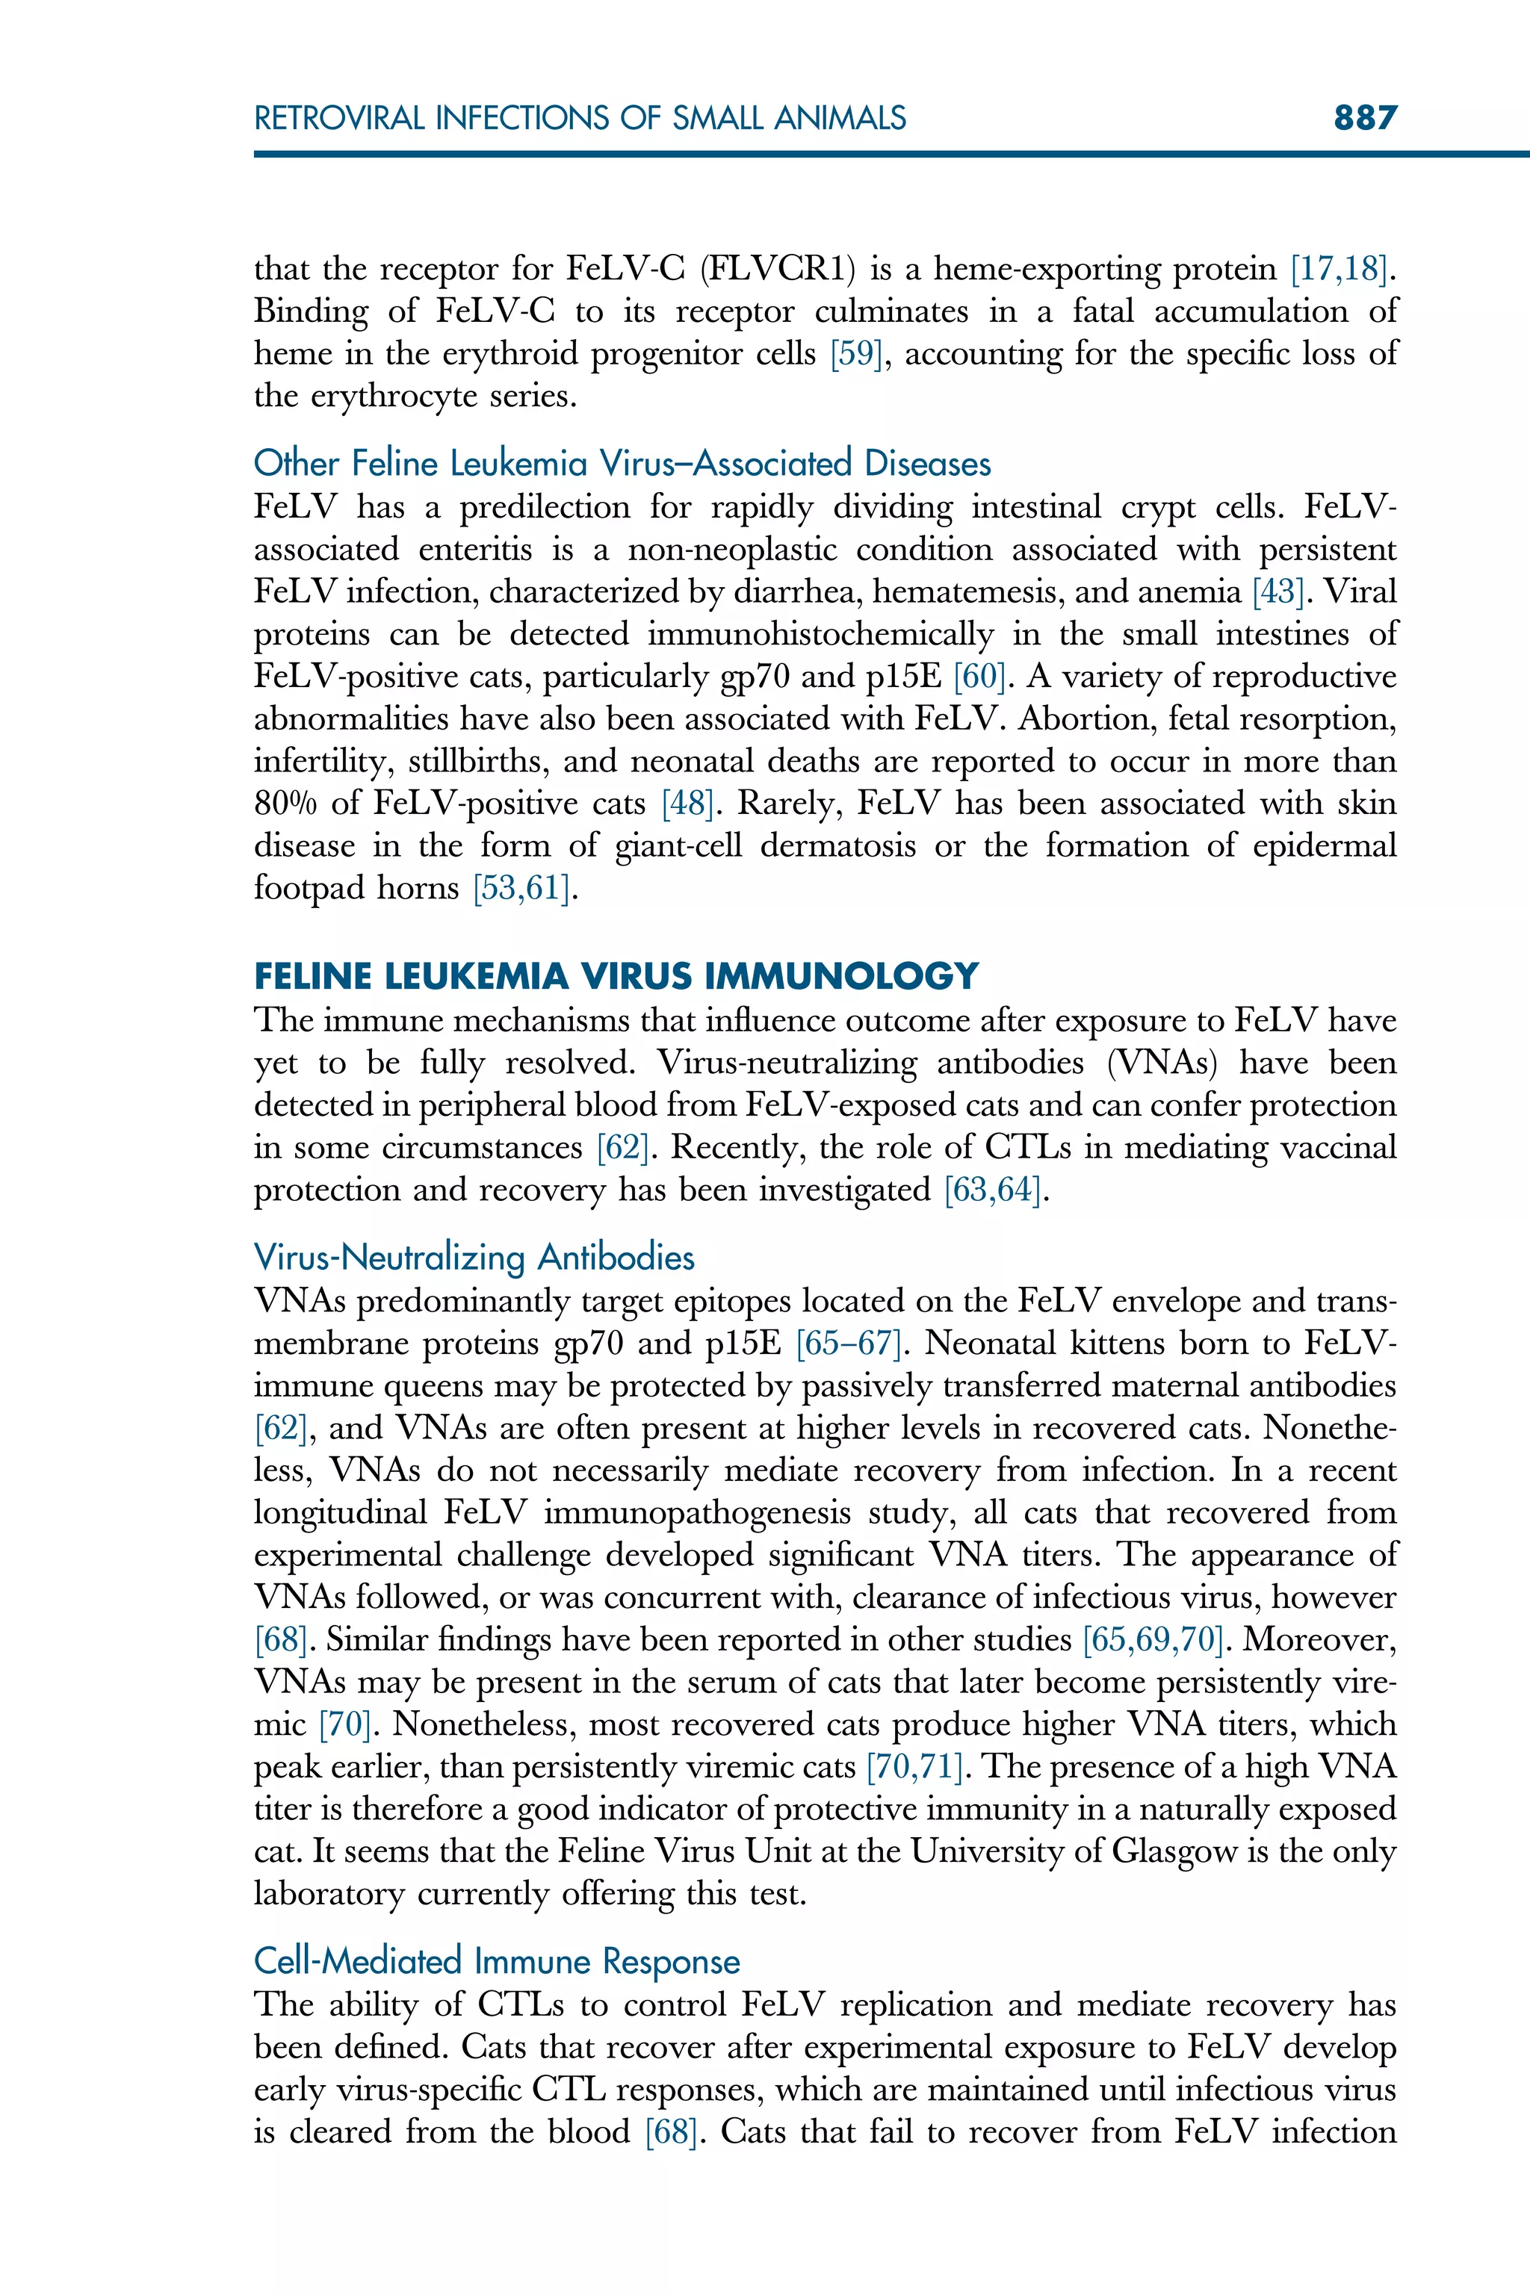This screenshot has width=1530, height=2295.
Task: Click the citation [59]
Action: point(855,353)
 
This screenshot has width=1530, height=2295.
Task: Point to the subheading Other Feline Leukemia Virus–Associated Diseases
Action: point(622,463)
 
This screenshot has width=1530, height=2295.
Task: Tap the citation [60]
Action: point(979,677)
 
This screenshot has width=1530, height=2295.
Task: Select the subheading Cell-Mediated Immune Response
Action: point(497,1961)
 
